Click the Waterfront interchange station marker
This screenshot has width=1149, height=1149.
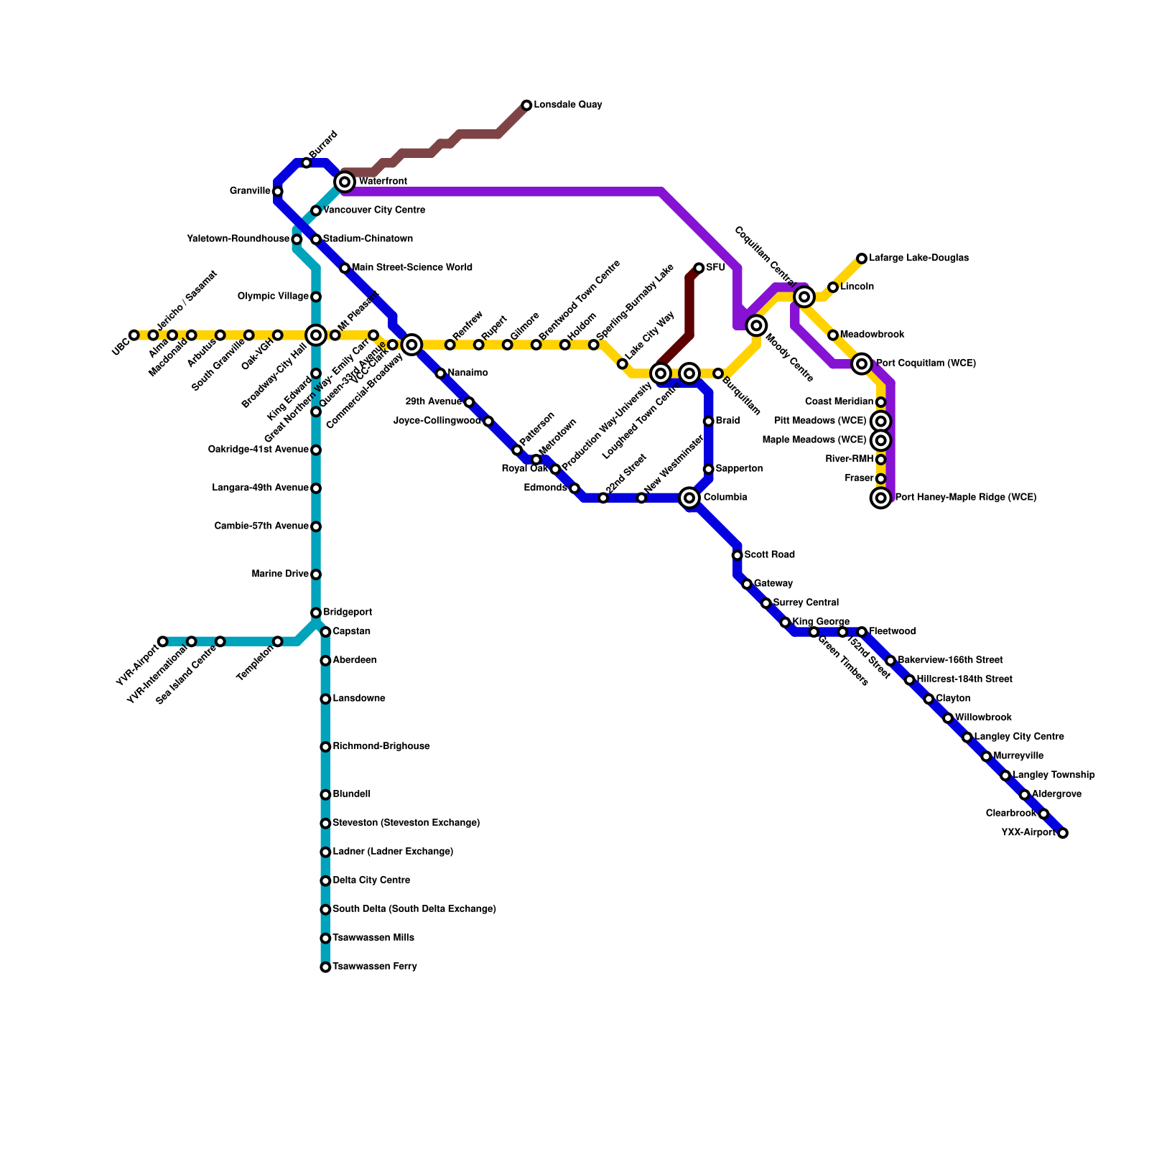345,182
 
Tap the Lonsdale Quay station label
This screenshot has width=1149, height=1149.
567,105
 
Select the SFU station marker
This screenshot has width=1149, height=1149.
699,268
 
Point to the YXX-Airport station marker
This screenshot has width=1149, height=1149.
1063,833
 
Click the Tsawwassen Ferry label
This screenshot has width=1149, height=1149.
374,967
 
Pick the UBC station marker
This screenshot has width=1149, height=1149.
134,335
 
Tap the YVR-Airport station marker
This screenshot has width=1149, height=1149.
163,641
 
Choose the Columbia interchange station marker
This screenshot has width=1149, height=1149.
689,498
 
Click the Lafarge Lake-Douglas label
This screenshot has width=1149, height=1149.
918,258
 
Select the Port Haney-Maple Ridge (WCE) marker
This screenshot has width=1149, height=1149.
881,498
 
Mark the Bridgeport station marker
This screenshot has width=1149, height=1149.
316,613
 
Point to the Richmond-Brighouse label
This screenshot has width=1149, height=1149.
381,747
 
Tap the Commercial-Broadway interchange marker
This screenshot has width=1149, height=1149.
411,345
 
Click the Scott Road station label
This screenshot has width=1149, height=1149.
769,555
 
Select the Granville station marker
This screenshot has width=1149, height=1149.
278,192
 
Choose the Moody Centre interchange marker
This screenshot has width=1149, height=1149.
756,325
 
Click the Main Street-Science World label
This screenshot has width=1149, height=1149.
411,268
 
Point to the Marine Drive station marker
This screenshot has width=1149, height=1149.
316,574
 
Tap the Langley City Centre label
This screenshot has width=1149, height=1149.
1019,737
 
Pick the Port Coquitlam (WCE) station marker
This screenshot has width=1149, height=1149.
862,364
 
